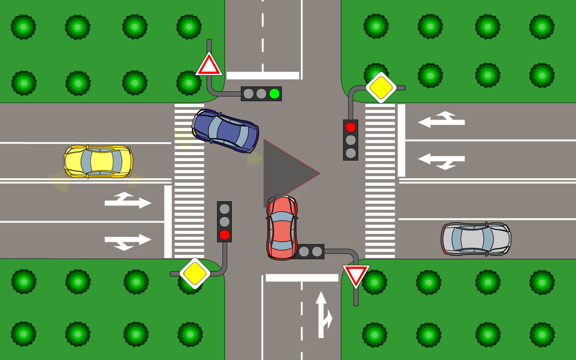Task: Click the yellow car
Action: point(98,161)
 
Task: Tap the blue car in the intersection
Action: point(225,131)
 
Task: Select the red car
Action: point(282,228)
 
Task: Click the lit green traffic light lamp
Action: point(274,93)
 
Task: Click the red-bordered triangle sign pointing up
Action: point(209,65)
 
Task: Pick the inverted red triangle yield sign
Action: point(356,275)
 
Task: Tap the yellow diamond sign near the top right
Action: point(381,87)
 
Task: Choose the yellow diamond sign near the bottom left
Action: point(195,273)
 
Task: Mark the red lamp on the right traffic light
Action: point(351,127)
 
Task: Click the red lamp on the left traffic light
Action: point(224,235)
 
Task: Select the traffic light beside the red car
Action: point(311,251)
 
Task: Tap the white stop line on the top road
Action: point(263,75)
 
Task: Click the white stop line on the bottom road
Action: point(302,277)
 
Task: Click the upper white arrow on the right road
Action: point(442,120)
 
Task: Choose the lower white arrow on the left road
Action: point(128,241)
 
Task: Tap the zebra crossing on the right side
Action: point(380,180)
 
